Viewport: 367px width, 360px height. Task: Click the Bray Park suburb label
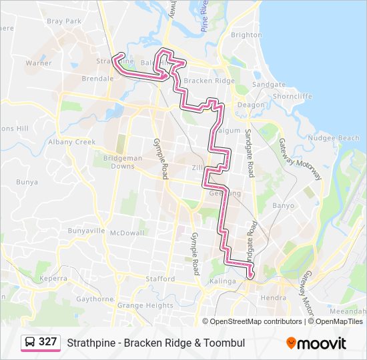[x=64, y=21]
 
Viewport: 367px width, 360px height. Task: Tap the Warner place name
[x=39, y=63]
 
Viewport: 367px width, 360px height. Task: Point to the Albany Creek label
[x=72, y=142]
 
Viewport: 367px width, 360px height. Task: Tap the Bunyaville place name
[x=87, y=231]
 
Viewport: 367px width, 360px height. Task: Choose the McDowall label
[x=127, y=233]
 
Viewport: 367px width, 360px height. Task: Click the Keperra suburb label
[x=53, y=278]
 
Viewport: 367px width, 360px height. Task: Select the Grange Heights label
[x=145, y=305]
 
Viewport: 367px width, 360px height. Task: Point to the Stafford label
[x=160, y=279]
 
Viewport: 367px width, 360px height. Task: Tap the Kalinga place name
[x=224, y=281]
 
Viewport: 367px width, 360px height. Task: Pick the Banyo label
[x=283, y=205]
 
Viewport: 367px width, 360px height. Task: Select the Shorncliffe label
[x=292, y=96]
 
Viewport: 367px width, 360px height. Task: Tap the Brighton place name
[x=246, y=35]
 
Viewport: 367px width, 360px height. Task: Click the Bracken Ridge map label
[x=209, y=81]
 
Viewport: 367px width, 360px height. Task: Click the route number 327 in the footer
[x=47, y=342]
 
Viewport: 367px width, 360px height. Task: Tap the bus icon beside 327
[x=31, y=342]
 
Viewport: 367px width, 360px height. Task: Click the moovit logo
[x=316, y=343]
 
